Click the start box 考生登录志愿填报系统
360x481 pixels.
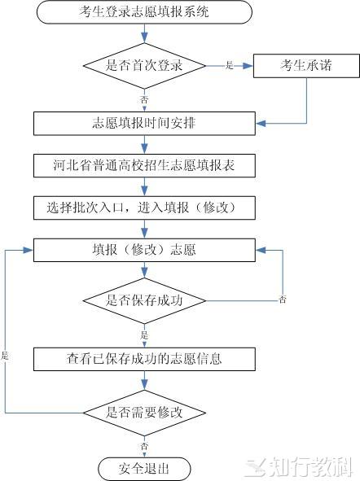(x=144, y=12)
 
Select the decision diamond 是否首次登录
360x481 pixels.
(x=144, y=66)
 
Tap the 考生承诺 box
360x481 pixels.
(x=306, y=66)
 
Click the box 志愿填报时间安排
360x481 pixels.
(x=144, y=124)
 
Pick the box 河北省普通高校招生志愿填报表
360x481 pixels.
(x=144, y=166)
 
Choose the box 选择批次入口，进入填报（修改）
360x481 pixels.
(x=144, y=208)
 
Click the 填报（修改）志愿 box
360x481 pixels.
(x=144, y=251)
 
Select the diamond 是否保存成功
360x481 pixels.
(x=144, y=300)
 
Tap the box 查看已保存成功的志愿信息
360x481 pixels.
(x=144, y=359)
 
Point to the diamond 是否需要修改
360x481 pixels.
(x=144, y=413)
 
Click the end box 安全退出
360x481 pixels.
(x=144, y=469)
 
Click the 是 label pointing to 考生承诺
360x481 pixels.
(x=230, y=65)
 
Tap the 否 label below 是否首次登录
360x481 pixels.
(x=144, y=99)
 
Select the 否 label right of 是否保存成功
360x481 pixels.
(x=283, y=300)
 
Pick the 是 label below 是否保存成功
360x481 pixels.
(x=144, y=335)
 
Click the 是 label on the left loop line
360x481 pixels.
(x=5, y=356)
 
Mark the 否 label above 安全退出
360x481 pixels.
(x=144, y=446)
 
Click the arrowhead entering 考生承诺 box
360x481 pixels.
(x=248, y=66)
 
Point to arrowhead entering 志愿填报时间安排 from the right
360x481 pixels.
(x=261, y=124)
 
